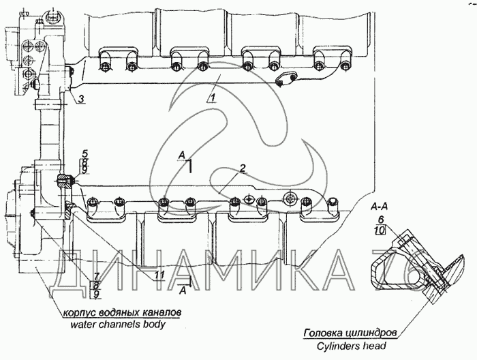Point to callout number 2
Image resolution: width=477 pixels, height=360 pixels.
click(x=242, y=168)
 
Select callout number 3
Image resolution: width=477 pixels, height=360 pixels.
click(x=80, y=100)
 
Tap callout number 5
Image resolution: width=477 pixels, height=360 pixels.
click(x=84, y=151)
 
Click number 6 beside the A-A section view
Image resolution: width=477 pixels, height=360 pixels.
click(x=381, y=220)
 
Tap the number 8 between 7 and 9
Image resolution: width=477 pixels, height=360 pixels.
click(x=96, y=284)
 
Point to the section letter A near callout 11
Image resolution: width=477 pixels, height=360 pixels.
click(x=182, y=289)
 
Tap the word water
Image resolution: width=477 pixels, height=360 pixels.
click(x=84, y=325)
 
